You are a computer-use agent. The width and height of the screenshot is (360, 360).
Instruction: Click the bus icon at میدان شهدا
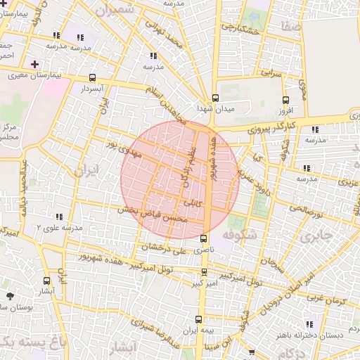[x=215, y=98]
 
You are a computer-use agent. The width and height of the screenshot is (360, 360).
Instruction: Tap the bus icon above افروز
[x=285, y=100]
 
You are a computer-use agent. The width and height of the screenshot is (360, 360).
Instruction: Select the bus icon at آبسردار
[x=93, y=79]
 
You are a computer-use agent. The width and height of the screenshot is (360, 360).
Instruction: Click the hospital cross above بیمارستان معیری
[x=35, y=64]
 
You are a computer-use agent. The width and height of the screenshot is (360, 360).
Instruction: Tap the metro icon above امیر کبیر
[x=204, y=271]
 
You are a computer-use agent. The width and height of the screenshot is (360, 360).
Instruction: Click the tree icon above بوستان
[x=9, y=297]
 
